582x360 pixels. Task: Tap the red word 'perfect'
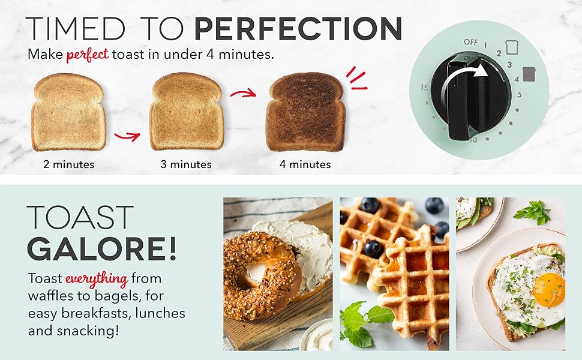(87, 55)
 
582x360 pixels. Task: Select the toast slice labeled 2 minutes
(68, 112)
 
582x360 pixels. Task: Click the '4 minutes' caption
(305, 164)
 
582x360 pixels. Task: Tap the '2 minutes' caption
(68, 164)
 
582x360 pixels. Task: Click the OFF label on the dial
(470, 42)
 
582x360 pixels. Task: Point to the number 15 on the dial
(424, 88)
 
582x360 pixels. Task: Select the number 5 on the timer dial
(519, 94)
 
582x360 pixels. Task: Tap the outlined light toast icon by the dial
(512, 47)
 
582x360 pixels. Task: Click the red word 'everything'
(96, 279)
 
